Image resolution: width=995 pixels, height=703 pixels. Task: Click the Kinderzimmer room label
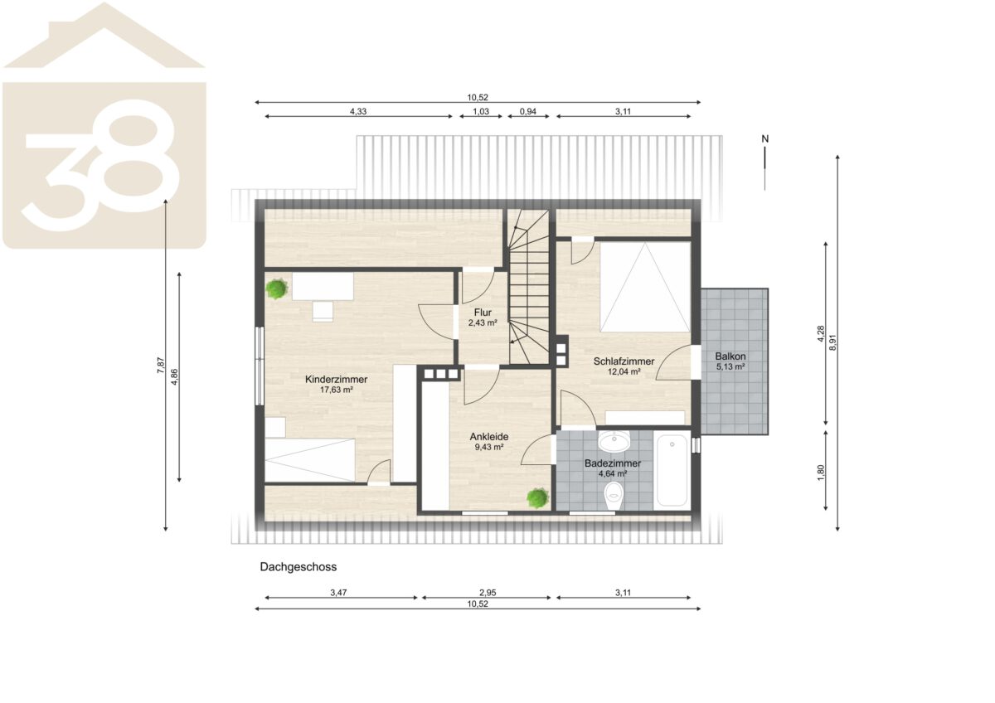tap(337, 380)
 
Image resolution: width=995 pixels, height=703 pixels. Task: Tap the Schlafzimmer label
tap(624, 362)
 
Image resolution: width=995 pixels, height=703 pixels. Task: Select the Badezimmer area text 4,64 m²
tap(613, 474)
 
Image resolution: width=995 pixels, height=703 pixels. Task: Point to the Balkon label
tap(730, 356)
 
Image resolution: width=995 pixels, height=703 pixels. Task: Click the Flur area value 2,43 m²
tap(483, 323)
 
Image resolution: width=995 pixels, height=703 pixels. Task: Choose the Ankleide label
tap(489, 437)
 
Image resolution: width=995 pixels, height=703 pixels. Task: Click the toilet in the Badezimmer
tap(614, 496)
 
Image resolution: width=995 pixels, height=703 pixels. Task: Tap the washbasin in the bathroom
tap(614, 441)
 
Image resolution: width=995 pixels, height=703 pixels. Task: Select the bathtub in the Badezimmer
tap(672, 470)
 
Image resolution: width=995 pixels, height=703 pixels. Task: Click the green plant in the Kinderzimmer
tap(277, 289)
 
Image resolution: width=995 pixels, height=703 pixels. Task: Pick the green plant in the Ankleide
tap(538, 498)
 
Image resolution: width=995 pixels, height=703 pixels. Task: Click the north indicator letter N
tap(764, 139)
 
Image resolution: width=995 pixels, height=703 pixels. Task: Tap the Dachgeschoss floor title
tap(298, 567)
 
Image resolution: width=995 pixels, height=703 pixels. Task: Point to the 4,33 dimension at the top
tap(358, 111)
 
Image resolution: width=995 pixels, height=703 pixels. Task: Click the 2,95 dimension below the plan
tap(488, 593)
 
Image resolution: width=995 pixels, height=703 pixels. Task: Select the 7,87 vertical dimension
tap(161, 366)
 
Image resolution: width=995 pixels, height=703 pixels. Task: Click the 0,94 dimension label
tap(527, 111)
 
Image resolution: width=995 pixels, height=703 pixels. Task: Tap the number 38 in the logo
tap(101, 165)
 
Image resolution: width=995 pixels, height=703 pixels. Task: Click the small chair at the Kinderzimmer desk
tap(323, 312)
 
